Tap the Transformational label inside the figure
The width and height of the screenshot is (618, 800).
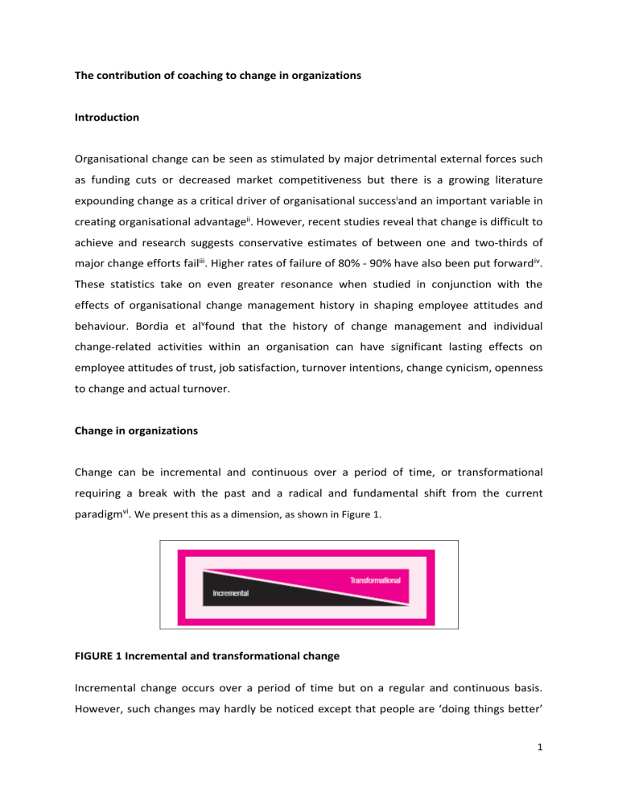[373, 579]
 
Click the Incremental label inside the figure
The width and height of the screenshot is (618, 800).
[230, 593]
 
